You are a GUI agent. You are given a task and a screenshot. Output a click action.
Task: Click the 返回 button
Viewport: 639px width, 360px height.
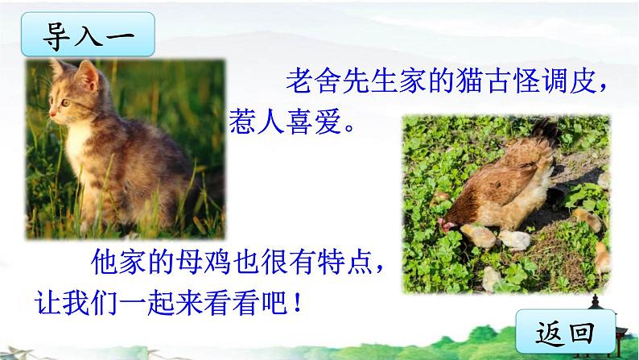click(566, 332)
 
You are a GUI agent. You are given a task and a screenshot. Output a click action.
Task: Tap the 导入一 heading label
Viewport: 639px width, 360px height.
click(88, 35)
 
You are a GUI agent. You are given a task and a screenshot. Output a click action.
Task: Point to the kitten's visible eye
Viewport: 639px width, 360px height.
click(67, 102)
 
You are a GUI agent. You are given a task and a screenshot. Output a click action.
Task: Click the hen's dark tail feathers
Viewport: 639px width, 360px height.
click(545, 131)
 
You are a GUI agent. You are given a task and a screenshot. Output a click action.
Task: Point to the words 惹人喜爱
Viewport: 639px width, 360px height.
click(285, 122)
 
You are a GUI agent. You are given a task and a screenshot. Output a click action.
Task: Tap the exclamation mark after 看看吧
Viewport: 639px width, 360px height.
click(297, 303)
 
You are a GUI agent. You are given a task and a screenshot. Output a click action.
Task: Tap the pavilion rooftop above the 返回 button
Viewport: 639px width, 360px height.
click(595, 303)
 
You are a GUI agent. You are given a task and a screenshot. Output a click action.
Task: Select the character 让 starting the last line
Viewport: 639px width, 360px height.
click(48, 303)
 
